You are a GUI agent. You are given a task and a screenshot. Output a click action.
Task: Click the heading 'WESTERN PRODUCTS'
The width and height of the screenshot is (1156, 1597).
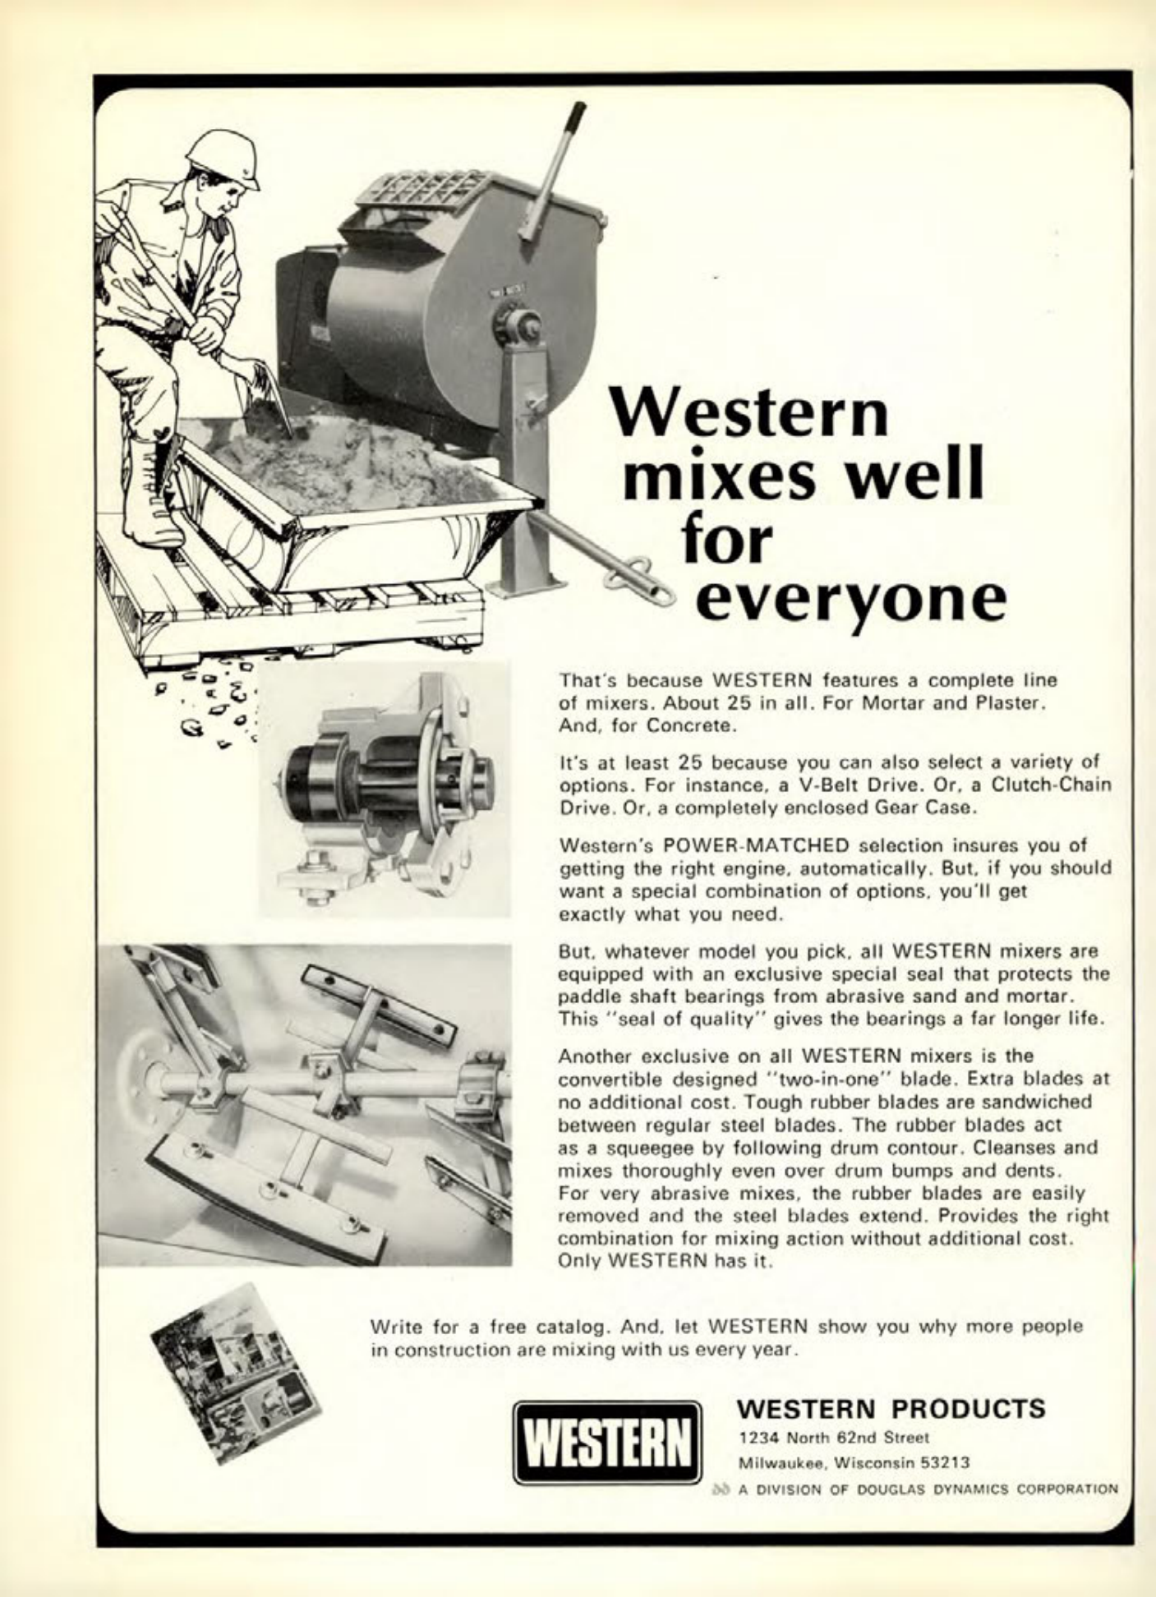[892, 1409]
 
